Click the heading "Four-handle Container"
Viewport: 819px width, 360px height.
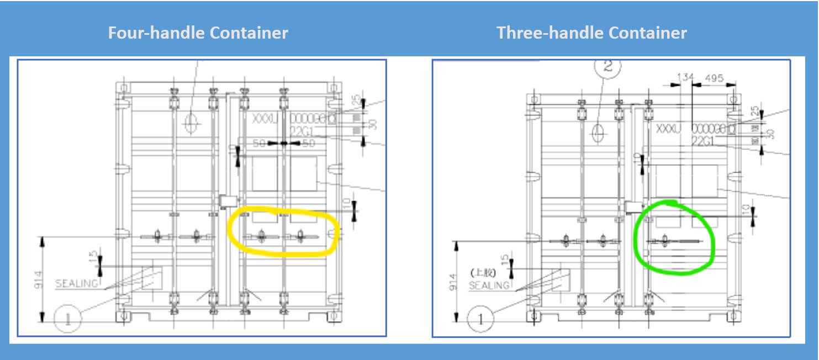click(x=198, y=33)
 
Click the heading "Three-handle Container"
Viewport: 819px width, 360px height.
click(x=591, y=33)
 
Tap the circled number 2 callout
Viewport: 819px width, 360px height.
click(x=607, y=66)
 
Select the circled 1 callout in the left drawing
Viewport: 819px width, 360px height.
click(x=68, y=319)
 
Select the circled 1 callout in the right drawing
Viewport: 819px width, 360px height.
click(x=481, y=319)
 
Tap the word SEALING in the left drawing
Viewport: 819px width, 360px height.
click(x=77, y=284)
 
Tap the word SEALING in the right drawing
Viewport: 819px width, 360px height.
click(x=489, y=285)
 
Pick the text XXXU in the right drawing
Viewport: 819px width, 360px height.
click(x=668, y=129)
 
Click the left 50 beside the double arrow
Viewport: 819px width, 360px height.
click(x=260, y=144)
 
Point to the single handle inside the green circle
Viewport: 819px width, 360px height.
click(x=664, y=241)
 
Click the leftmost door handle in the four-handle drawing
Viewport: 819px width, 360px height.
click(x=158, y=236)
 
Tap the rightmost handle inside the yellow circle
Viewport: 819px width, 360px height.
click(x=300, y=236)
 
